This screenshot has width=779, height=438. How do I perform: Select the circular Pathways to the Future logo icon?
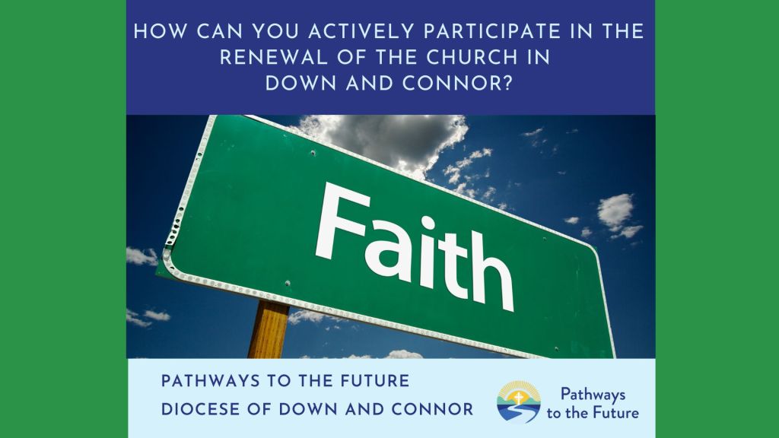tap(519, 401)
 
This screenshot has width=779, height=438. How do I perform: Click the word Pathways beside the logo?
tap(593, 393)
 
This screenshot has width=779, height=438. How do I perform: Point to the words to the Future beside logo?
tap(593, 413)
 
